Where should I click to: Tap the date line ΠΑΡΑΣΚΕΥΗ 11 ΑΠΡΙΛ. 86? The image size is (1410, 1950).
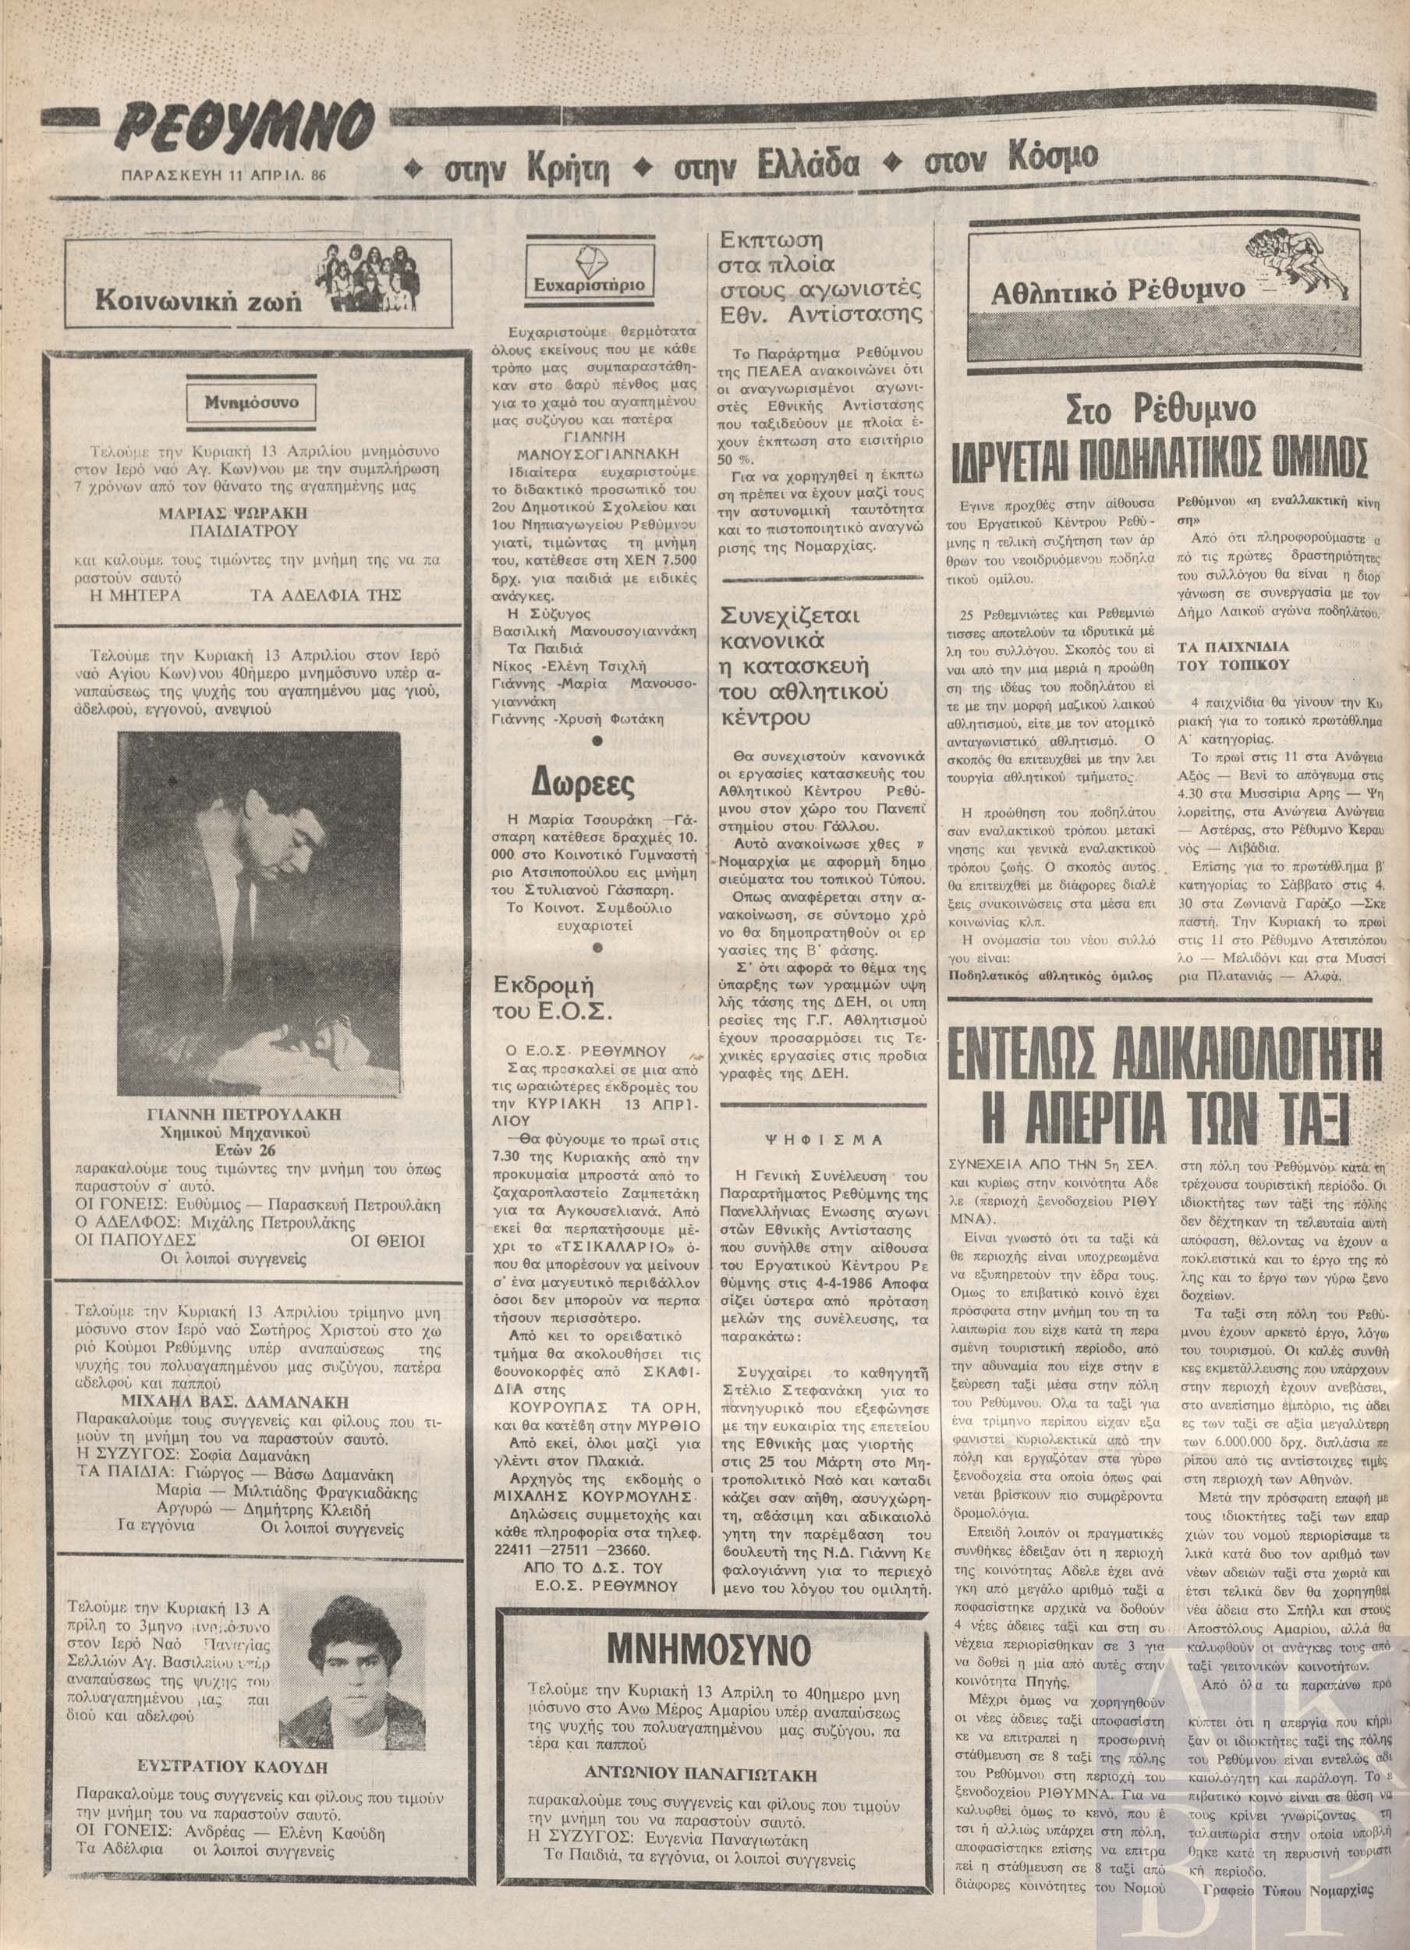click(226, 175)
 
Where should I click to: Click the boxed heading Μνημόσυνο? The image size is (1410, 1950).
click(249, 402)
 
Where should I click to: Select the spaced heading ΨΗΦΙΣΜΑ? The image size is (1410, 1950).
click(825, 1140)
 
